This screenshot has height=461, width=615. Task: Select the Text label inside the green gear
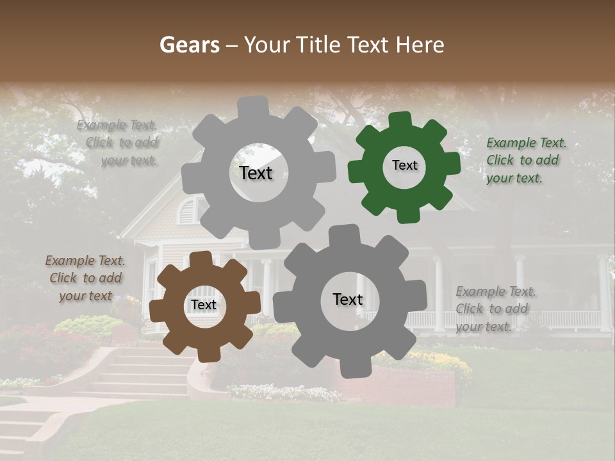tap(404, 165)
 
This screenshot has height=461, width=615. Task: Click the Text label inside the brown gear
tap(204, 305)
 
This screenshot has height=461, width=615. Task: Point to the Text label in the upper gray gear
tap(256, 173)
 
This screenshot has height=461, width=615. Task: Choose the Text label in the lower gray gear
tap(348, 299)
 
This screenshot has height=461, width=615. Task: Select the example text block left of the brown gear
tap(85, 278)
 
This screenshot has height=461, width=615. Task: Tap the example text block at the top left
tap(119, 143)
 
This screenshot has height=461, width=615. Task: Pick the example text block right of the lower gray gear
tap(495, 309)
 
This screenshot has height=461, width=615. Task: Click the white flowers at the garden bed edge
tap(282, 391)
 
